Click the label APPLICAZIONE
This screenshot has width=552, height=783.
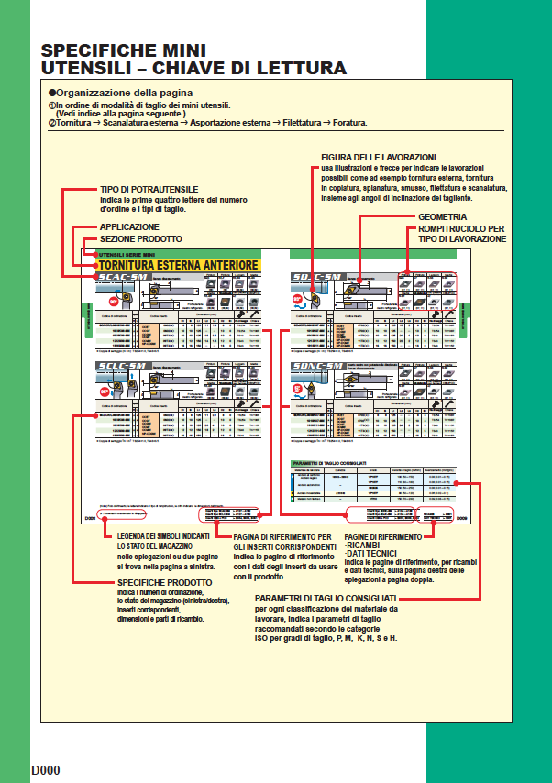129,226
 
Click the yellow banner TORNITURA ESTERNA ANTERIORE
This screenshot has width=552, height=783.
178,266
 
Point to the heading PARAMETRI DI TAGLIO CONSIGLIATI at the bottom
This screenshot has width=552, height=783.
325,599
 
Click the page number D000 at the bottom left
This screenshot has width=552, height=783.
45,769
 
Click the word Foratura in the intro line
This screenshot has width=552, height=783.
347,122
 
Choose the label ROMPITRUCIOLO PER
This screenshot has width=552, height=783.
461,227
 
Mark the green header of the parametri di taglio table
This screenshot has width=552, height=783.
371,465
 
